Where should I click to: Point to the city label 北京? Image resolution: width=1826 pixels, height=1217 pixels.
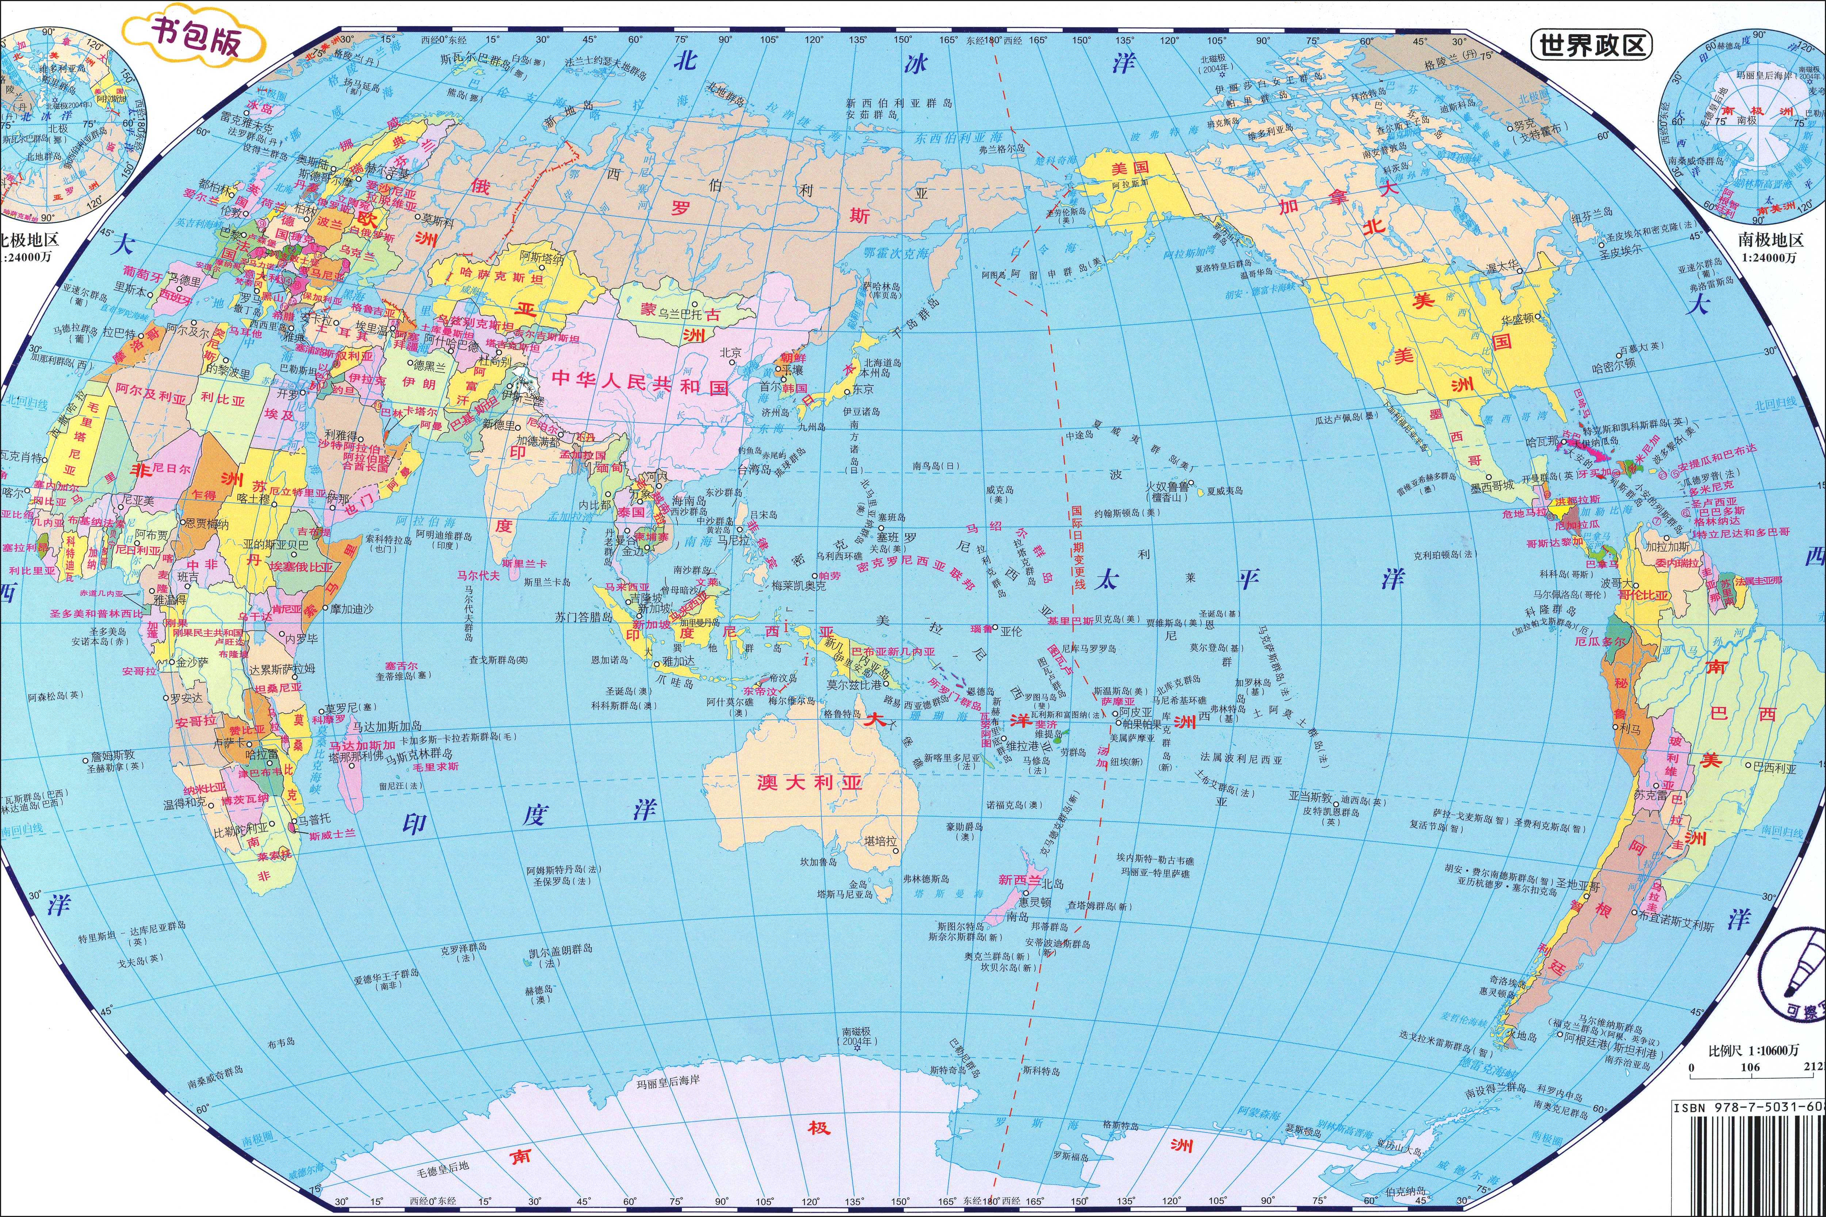click(730, 352)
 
